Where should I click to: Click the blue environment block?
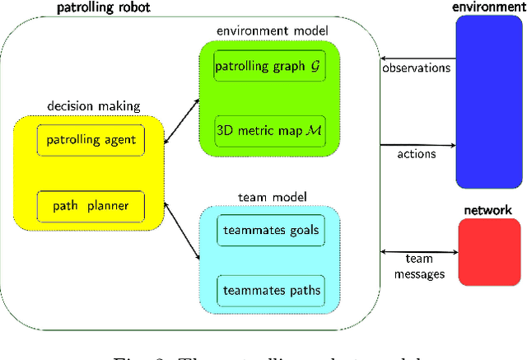(x=487, y=102)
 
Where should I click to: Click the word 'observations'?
(x=416, y=68)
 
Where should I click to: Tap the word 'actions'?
(x=416, y=153)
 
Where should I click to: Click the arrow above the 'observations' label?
(x=416, y=57)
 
